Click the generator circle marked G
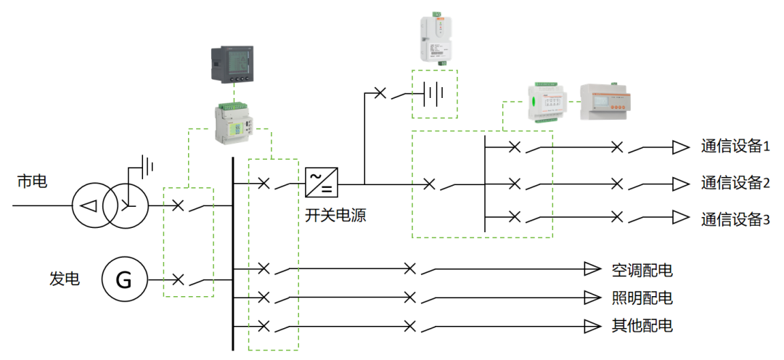[x=124, y=279]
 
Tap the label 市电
[x=32, y=181]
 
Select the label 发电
[x=65, y=279]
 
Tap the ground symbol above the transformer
[x=147, y=165]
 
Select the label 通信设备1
[x=735, y=147]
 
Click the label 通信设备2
[x=735, y=182]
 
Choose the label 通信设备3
[x=735, y=218]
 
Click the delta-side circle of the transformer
[x=90, y=205]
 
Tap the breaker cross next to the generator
[x=178, y=279]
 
